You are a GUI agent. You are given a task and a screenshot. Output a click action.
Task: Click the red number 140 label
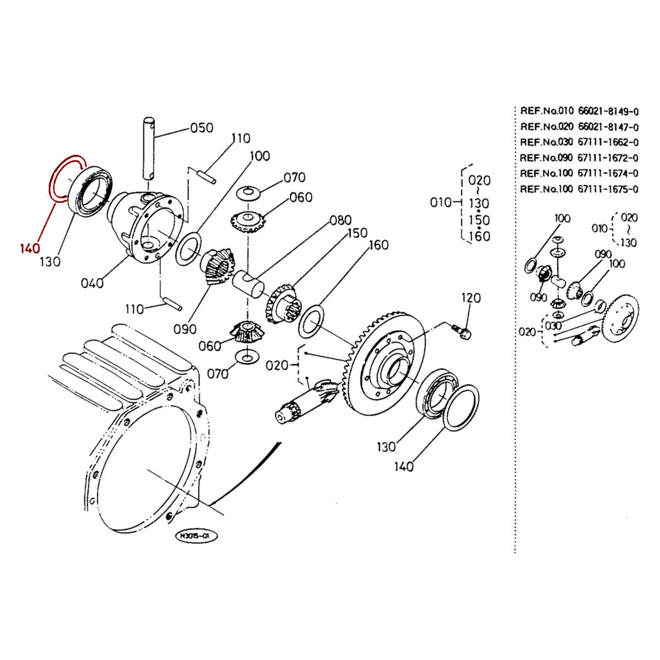(31, 248)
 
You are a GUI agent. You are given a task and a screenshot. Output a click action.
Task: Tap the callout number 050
(201, 128)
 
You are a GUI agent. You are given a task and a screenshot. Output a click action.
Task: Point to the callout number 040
(92, 283)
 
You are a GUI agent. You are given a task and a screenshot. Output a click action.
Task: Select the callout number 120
(470, 298)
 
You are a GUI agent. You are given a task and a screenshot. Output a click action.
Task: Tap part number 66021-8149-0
(608, 112)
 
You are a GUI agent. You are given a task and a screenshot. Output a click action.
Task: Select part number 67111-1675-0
(608, 190)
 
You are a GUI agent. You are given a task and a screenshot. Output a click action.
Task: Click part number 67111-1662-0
(608, 142)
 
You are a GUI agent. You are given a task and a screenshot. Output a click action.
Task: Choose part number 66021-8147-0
(608, 127)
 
